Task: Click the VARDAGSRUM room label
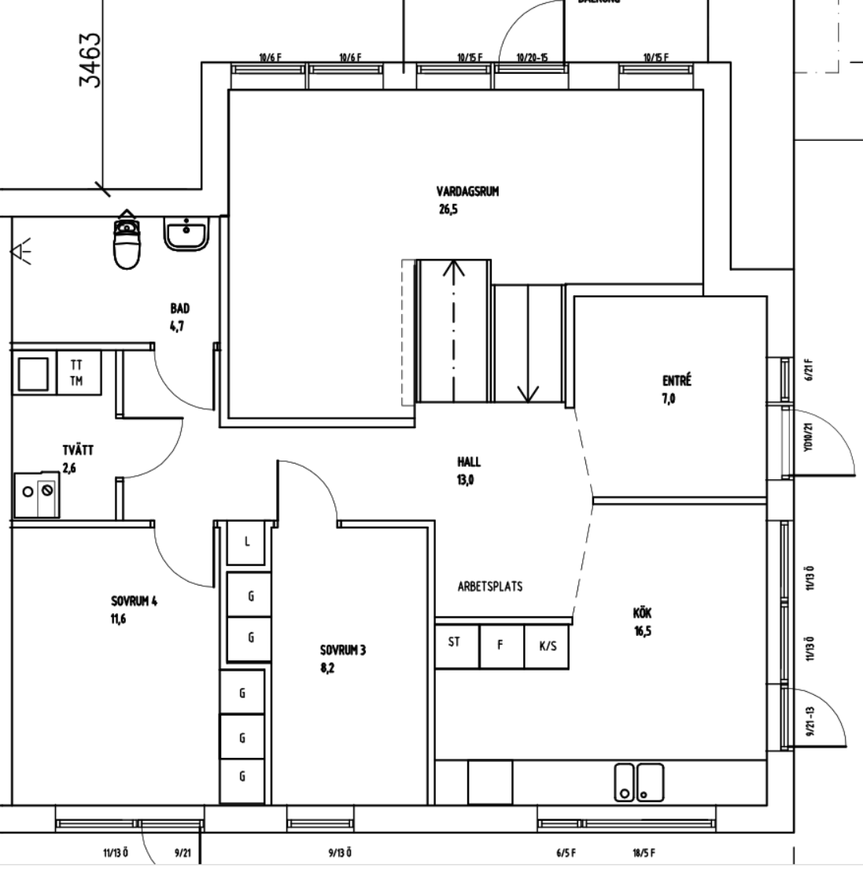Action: click(x=467, y=191)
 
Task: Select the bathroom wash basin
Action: click(x=186, y=235)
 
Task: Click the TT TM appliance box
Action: click(x=76, y=372)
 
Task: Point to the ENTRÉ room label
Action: click(x=676, y=382)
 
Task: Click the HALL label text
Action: click(x=468, y=462)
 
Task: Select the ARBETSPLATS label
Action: click(x=489, y=586)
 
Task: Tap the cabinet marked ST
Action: click(x=454, y=642)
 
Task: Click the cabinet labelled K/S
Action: click(x=548, y=646)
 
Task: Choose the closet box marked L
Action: click(x=247, y=542)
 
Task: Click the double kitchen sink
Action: click(x=639, y=782)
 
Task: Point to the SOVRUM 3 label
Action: click(x=342, y=651)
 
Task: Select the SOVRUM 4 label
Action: click(x=134, y=601)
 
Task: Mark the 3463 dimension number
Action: click(x=91, y=59)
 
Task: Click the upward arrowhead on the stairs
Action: click(x=453, y=269)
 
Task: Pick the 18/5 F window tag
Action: click(x=643, y=853)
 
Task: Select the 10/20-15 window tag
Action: click(x=532, y=57)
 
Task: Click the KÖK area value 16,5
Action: click(x=643, y=630)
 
